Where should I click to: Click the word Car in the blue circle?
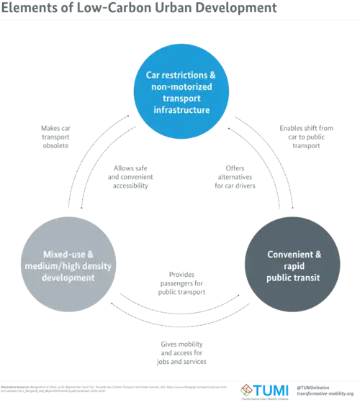click(x=151, y=74)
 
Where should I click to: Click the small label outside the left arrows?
click(x=54, y=137)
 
